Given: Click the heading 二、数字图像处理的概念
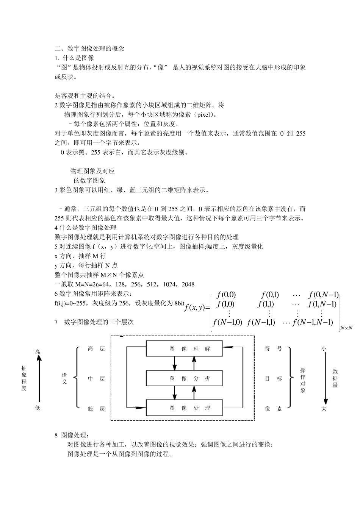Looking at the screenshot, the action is click(89, 48).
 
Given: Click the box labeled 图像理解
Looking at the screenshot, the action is click(189, 349).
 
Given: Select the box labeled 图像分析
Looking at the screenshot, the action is click(189, 378).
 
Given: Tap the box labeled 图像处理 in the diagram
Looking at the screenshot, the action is click(189, 408).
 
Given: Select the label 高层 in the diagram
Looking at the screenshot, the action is click(96, 349).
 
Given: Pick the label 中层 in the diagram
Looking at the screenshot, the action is click(96, 378).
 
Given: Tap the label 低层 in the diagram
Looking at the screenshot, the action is click(96, 409).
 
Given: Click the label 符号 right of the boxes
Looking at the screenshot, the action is click(273, 349).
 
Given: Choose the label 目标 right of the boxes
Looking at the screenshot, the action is click(273, 378).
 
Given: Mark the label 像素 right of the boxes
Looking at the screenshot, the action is click(273, 409).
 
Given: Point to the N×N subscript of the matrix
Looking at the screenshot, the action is click(346, 328).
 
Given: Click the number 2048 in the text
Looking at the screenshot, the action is click(188, 284).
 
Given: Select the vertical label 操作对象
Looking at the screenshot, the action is click(303, 380).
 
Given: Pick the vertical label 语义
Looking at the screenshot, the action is click(64, 378).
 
